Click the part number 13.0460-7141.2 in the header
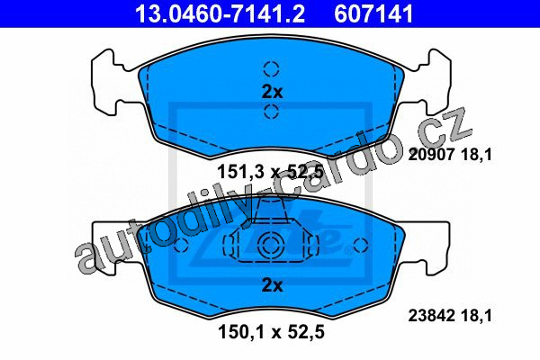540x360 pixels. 220,13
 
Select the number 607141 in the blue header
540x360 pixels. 373,13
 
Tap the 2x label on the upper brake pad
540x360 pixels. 272,93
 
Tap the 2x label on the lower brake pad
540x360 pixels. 272,285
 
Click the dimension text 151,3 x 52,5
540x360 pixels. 271,172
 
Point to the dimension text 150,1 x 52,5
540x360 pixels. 271,332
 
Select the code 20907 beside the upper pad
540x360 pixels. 431,154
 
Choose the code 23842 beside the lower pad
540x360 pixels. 431,316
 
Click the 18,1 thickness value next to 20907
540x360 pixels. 477,155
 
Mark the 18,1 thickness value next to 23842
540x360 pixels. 477,316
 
